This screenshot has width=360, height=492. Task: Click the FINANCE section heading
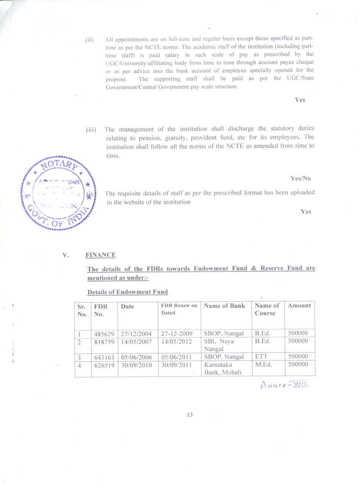(x=101, y=255)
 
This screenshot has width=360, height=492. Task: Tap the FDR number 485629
(x=104, y=334)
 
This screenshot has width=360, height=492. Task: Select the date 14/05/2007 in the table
(x=136, y=342)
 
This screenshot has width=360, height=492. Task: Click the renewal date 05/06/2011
(x=176, y=357)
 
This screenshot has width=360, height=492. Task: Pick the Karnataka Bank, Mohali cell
(x=223, y=369)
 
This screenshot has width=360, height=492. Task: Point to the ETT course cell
(x=261, y=357)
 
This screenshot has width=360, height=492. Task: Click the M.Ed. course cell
(x=263, y=365)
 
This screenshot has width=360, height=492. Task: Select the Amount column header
(x=299, y=305)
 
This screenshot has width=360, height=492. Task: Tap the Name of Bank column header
(x=224, y=306)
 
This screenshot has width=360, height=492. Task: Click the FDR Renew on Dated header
(x=179, y=309)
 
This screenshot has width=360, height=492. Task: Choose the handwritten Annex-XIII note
(x=285, y=385)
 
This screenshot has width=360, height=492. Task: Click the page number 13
(x=190, y=415)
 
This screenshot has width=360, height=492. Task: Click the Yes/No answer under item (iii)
(x=300, y=178)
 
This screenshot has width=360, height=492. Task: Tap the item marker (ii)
(x=89, y=40)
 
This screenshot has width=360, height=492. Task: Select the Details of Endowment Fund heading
(x=127, y=292)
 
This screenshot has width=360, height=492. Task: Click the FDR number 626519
(x=104, y=365)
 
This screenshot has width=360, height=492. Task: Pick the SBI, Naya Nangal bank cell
(x=219, y=345)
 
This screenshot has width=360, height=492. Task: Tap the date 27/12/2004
(x=136, y=334)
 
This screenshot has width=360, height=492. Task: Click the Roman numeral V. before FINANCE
(x=66, y=255)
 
